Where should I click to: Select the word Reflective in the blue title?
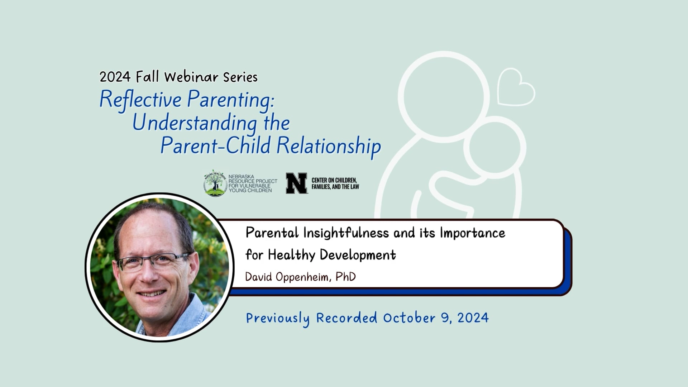(140, 99)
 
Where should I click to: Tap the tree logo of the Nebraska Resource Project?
(215, 183)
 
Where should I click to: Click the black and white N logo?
(296, 183)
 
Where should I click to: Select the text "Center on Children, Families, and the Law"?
(335, 183)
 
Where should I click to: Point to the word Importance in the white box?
(472, 233)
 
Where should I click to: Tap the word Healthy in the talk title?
(291, 255)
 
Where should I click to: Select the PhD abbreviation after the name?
(345, 277)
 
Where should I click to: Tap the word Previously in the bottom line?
(278, 318)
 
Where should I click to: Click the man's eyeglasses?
(154, 262)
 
